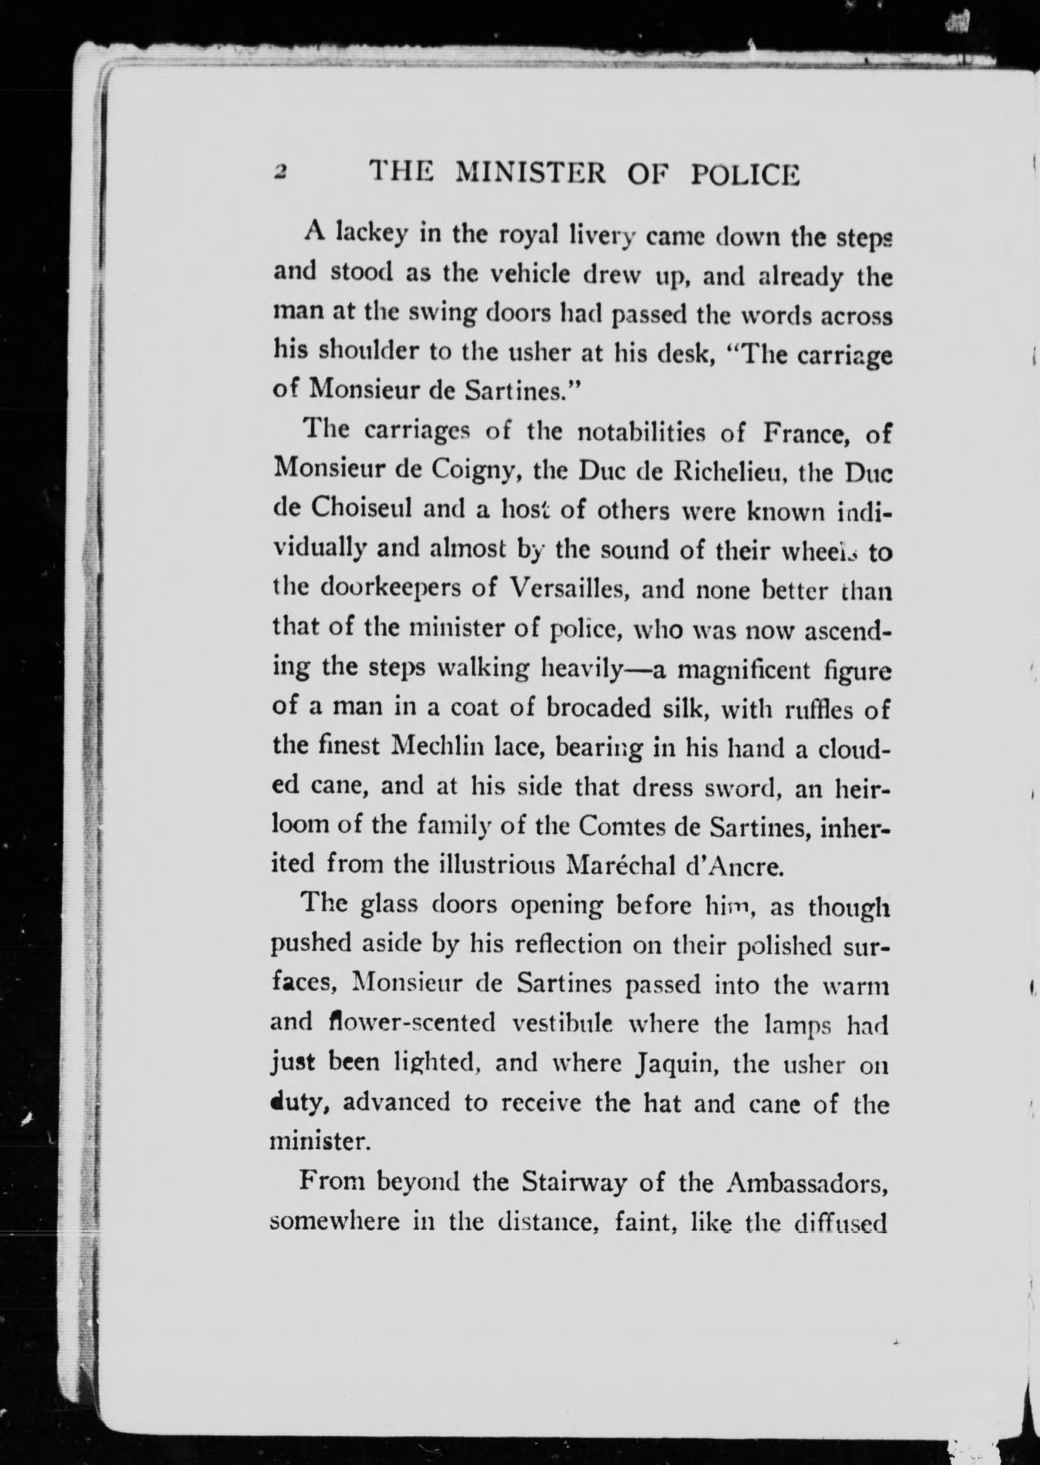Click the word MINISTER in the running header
[529, 174]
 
